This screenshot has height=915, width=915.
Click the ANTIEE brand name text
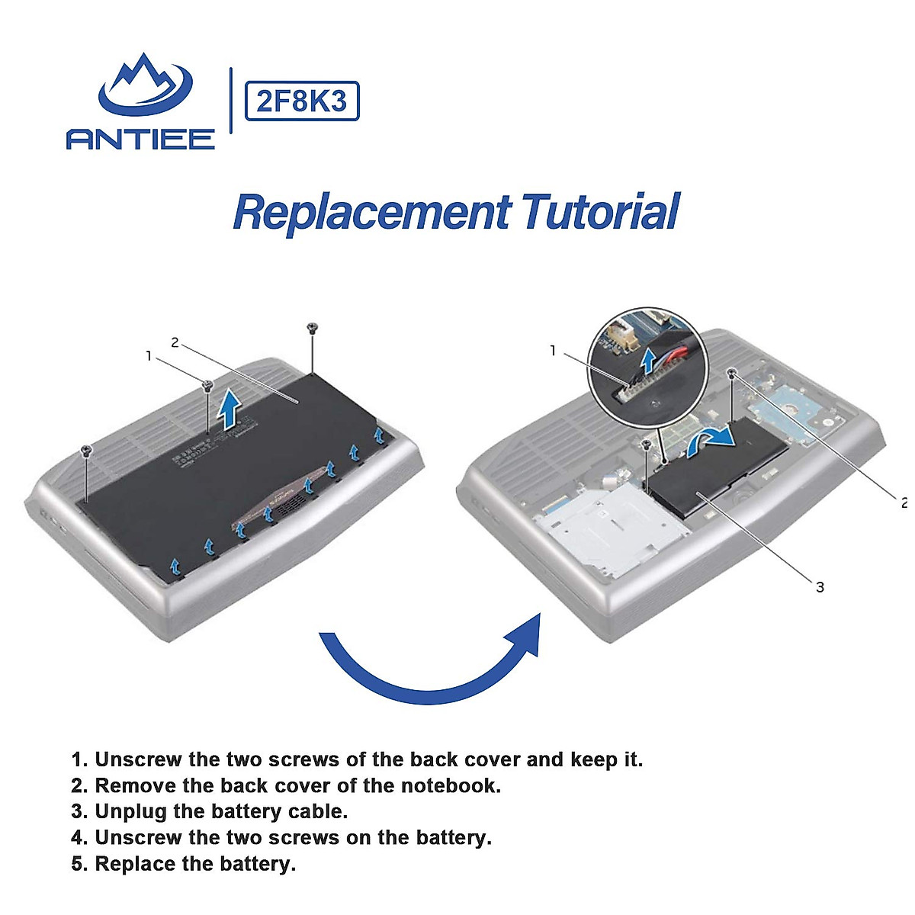pos(140,140)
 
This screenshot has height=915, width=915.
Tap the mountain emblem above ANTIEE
pos(146,85)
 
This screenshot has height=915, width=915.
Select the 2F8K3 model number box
pos(302,101)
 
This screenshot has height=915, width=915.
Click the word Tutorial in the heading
pos(601,211)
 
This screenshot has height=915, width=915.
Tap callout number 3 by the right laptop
pos(820,587)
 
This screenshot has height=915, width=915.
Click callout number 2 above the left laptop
pos(175,342)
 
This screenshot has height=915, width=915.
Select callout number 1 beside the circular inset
pos(553,351)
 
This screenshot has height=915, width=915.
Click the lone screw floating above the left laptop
pos(312,328)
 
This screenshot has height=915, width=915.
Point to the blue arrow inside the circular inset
pos(648,363)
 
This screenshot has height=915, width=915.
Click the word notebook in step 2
pos(451,785)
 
